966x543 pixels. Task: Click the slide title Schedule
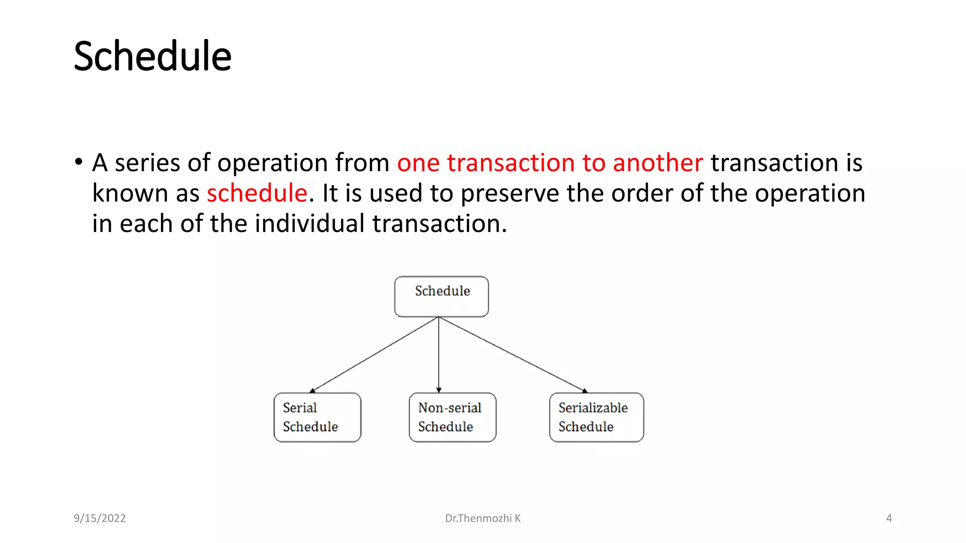point(152,57)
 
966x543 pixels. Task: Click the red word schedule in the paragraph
point(257,193)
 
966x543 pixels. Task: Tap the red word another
point(658,163)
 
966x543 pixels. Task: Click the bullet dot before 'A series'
point(79,162)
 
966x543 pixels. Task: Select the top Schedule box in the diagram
point(441,296)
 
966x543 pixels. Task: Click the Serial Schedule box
point(317,417)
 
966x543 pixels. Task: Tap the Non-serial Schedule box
point(452,417)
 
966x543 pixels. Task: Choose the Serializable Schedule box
point(596,417)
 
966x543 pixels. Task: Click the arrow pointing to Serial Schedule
point(375,354)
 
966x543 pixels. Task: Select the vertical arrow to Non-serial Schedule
point(439,354)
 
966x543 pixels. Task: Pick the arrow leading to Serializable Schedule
point(512,354)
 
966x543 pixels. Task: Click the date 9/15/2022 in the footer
point(100,518)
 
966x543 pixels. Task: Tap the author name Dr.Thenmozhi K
point(483,518)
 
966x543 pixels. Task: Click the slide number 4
point(889,518)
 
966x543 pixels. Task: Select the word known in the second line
point(130,193)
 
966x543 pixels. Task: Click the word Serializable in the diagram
point(593,408)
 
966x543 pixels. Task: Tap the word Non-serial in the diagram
point(450,408)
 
